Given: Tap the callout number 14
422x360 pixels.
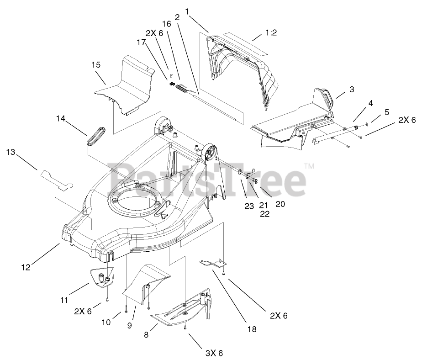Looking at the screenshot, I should coord(61,119).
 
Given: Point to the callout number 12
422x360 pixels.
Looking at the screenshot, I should coord(26,267).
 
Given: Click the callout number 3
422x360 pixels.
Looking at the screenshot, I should coord(352,90).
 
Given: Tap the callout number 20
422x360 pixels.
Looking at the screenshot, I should coord(280,204).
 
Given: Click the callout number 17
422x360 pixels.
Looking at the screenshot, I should coord(141,42).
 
